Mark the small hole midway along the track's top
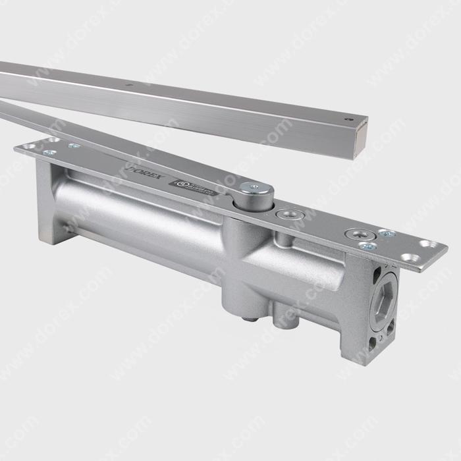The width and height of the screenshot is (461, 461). pos(131,84)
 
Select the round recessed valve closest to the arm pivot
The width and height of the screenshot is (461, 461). pos(286,214)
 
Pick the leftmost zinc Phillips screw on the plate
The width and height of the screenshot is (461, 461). pos(48,152)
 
